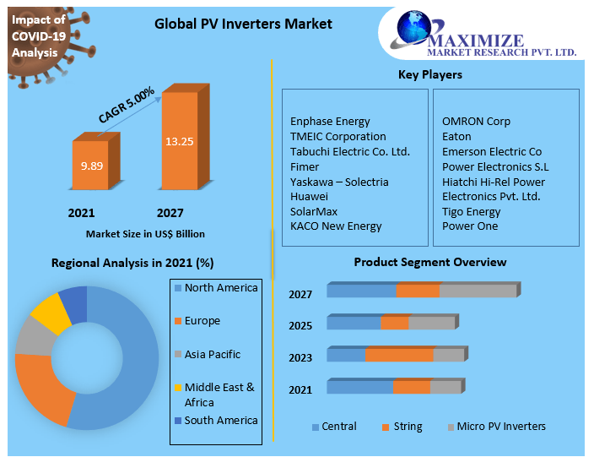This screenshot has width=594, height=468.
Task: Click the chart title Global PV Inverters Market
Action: (x=243, y=24)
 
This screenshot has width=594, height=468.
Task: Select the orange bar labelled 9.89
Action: (x=90, y=166)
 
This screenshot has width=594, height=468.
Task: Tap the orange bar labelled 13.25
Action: (x=180, y=140)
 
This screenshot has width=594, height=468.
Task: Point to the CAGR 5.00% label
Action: (x=127, y=106)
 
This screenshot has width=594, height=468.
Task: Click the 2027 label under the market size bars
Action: (x=170, y=213)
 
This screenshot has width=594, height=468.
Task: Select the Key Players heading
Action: (x=429, y=75)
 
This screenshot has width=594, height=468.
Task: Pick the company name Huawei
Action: (x=309, y=196)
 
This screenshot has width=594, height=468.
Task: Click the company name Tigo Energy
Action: (x=471, y=211)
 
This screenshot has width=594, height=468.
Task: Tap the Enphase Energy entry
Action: (x=330, y=121)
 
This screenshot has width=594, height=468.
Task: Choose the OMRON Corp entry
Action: (x=476, y=121)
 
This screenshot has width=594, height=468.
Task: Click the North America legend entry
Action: (x=221, y=288)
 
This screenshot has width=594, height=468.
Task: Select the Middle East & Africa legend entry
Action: (x=219, y=395)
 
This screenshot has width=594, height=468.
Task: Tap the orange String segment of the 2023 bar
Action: (x=399, y=355)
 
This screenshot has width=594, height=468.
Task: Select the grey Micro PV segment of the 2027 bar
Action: (x=478, y=291)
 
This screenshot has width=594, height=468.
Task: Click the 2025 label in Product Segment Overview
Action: (x=300, y=326)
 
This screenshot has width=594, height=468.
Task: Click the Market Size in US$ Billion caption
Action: (x=145, y=234)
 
